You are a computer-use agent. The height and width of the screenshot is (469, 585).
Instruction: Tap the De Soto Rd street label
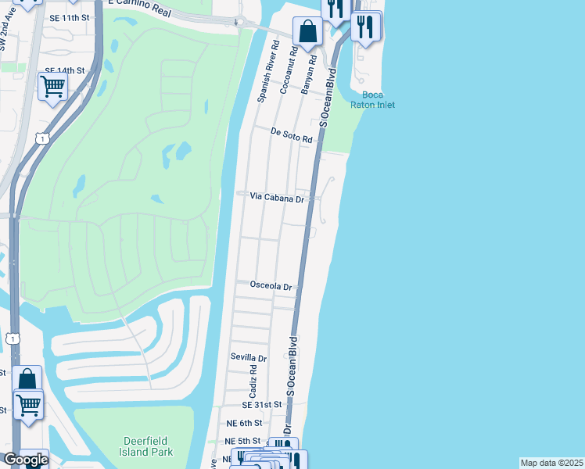pos(292,136)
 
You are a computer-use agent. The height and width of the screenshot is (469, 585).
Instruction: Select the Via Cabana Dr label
pos(276,198)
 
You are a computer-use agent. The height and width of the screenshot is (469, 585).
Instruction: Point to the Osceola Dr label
pos(271,286)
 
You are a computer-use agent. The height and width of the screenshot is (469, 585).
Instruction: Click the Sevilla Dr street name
pos(249,357)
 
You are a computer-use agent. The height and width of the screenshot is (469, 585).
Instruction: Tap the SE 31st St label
pos(261,405)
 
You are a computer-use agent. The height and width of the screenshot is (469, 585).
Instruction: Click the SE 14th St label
pos(64,70)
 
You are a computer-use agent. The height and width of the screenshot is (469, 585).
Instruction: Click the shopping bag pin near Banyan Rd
pos(308,33)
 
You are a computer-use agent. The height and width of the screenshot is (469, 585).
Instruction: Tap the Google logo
pos(26,460)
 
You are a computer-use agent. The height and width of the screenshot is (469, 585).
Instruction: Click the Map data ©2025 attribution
pos(551,463)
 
